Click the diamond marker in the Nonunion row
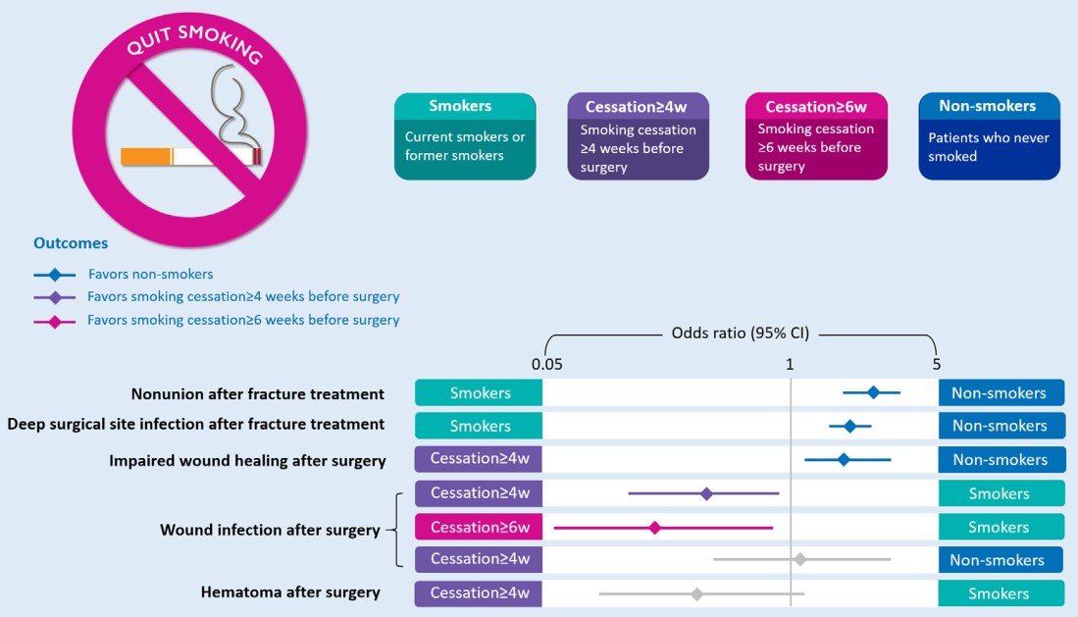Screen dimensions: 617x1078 [x=873, y=392]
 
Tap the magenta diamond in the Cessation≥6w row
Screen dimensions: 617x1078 [x=654, y=528]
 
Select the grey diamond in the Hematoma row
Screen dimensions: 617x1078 [x=696, y=593]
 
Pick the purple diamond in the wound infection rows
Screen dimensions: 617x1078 [x=706, y=493]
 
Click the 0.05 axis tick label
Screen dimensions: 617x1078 [x=546, y=364]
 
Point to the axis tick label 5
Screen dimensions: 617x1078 [x=936, y=364]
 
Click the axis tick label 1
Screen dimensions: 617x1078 [x=789, y=364]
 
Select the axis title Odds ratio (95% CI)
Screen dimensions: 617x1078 [x=741, y=333]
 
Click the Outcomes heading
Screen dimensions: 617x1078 [x=71, y=242]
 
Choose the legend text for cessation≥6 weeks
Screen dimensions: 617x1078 [x=243, y=320]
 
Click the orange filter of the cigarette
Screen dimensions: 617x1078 [x=145, y=156]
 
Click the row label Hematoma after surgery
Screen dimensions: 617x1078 [x=290, y=592]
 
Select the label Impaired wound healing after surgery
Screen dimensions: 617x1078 [x=247, y=460]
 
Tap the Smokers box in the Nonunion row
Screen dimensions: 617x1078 [x=480, y=393]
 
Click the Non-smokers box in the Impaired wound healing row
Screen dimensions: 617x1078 [x=1000, y=460]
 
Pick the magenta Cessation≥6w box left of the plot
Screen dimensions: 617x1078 [x=480, y=528]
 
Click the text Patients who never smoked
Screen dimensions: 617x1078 [x=981, y=146]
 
